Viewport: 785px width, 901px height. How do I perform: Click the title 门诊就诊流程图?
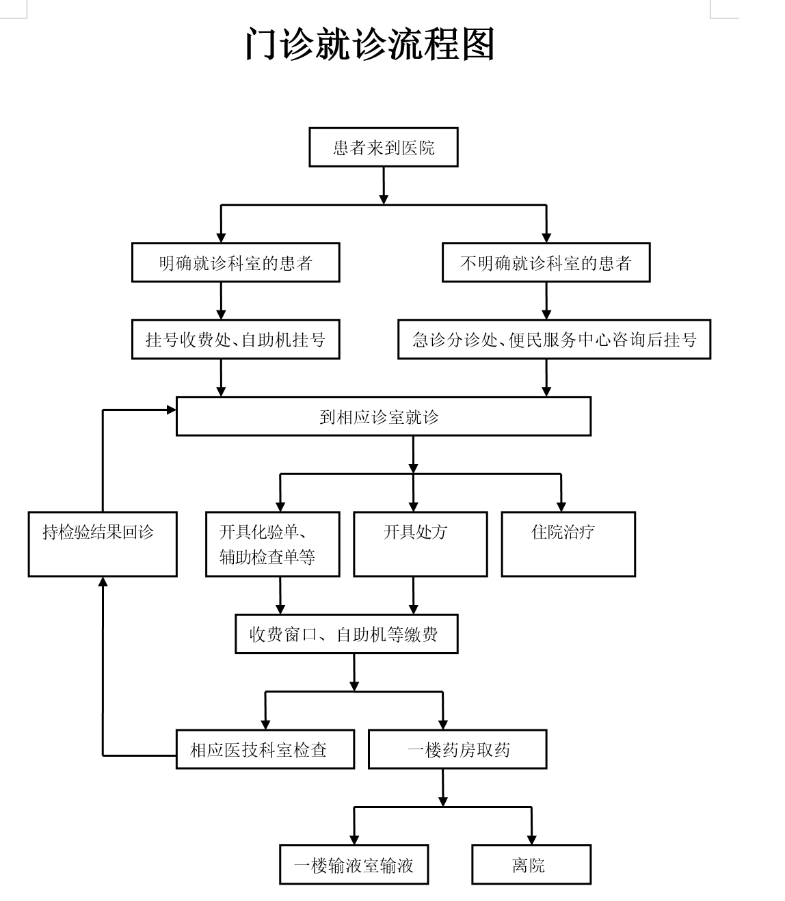[369, 45]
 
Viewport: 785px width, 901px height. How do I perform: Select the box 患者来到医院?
[383, 147]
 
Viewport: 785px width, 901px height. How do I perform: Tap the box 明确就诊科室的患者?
[235, 263]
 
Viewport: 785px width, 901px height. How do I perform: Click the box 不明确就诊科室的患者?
[546, 263]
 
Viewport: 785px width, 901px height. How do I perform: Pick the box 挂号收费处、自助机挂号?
[235, 339]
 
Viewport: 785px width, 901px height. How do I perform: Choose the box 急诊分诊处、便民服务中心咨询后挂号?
[554, 339]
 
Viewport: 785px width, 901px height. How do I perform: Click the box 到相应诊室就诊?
[383, 416]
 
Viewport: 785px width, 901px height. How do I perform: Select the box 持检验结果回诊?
[103, 544]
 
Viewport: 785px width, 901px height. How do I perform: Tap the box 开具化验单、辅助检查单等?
[272, 544]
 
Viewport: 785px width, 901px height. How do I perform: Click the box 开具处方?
[420, 544]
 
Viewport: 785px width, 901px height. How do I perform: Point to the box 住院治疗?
[568, 544]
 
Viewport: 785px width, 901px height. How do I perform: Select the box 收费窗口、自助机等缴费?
[346, 634]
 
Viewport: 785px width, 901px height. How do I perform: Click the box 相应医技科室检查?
[265, 749]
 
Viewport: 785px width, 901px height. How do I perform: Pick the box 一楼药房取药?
[457, 749]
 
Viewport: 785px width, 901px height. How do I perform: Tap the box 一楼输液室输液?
[354, 865]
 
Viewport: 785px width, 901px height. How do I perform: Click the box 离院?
[531, 865]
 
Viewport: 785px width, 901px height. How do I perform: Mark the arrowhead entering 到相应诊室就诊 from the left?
[171, 409]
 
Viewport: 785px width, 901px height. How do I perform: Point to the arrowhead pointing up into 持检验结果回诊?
[103, 582]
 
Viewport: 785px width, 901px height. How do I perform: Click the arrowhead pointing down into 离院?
[531, 839]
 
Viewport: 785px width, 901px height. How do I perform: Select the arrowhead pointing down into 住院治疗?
[561, 507]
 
